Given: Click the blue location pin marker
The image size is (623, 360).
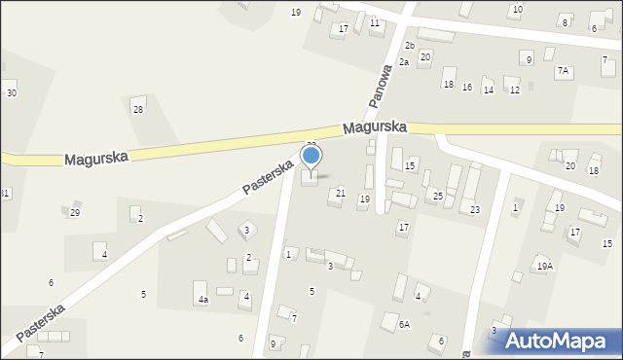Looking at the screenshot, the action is pos(311,158).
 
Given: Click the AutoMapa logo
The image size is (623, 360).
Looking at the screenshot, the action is pos(559,341).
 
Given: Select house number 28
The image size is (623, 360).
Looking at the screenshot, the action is pos(138,109).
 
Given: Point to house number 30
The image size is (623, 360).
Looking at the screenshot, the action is pos(12,92).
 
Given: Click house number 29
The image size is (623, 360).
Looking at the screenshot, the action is pos(75,213).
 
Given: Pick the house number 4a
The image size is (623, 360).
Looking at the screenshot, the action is pos(202,300).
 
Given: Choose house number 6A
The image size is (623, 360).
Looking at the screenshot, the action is pos(403,324).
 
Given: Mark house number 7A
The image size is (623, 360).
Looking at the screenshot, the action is pos(563,71).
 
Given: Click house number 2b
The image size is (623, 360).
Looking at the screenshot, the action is pos(410,46).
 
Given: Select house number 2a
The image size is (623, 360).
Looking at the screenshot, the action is pos(403,62).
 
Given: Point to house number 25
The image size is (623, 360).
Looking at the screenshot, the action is pos(438,197).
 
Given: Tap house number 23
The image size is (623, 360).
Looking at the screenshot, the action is pos(475,210).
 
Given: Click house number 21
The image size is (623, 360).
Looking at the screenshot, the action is pos(341,194).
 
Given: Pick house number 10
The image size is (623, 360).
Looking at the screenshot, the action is pos(518,9).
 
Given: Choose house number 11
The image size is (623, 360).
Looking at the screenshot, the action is pos(375,21).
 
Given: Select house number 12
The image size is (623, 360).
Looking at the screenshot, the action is pos(515,90).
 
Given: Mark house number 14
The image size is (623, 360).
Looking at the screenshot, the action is pos(489,90).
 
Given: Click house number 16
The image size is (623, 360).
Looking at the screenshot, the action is pos(467,88).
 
